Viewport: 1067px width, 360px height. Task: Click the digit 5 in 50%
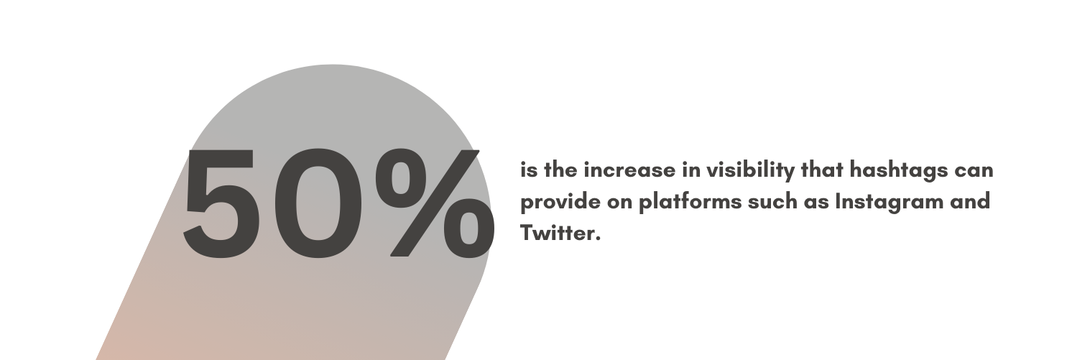click(219, 203)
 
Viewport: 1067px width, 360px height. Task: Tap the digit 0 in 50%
click(315, 203)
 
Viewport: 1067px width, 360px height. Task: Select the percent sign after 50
click(435, 203)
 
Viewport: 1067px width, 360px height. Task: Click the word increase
click(629, 170)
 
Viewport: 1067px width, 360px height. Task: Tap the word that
click(822, 170)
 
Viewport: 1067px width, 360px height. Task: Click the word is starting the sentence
click(530, 170)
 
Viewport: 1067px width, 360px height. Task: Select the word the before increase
click(561, 170)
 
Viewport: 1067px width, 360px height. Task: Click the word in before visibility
click(690, 170)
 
